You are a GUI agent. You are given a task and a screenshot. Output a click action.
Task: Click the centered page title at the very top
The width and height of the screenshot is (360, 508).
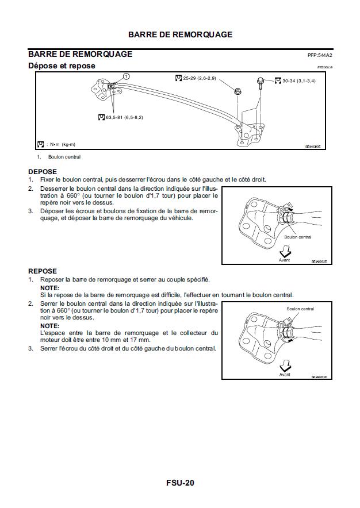click(x=180, y=34)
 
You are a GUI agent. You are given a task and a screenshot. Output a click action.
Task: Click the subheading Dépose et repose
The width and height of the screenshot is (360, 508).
click(x=62, y=66)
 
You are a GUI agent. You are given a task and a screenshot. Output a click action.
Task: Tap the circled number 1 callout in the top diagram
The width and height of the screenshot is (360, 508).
click(x=127, y=76)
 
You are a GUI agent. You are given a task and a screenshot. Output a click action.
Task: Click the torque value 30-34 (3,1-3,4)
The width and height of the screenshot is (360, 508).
click(x=298, y=81)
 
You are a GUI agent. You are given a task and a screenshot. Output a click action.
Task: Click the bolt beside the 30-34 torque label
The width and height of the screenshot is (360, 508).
click(x=261, y=81)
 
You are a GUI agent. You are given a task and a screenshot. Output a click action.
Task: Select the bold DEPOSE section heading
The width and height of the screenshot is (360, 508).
click(x=43, y=171)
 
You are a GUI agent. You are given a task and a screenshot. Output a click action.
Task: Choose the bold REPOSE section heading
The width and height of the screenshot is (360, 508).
click(x=43, y=271)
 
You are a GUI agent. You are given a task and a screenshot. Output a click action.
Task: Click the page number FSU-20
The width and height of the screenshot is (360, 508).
click(x=180, y=483)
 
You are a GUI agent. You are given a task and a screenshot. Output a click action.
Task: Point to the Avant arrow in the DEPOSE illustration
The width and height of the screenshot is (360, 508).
click(x=285, y=253)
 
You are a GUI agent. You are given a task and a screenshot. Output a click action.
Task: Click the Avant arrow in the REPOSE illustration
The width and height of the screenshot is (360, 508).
click(x=285, y=367)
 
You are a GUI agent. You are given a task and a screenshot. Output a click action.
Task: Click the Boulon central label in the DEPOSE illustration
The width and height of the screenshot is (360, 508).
click(x=297, y=237)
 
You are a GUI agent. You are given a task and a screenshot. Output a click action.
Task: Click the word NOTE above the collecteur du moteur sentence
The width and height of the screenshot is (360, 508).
click(x=49, y=325)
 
